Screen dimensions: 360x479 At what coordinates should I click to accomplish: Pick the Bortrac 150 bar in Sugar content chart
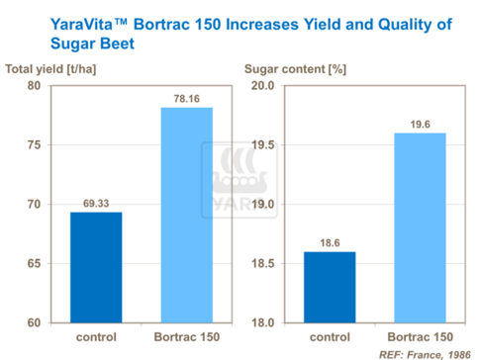tap(420, 227)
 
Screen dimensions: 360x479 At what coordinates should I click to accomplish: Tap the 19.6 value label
tap(420, 124)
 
